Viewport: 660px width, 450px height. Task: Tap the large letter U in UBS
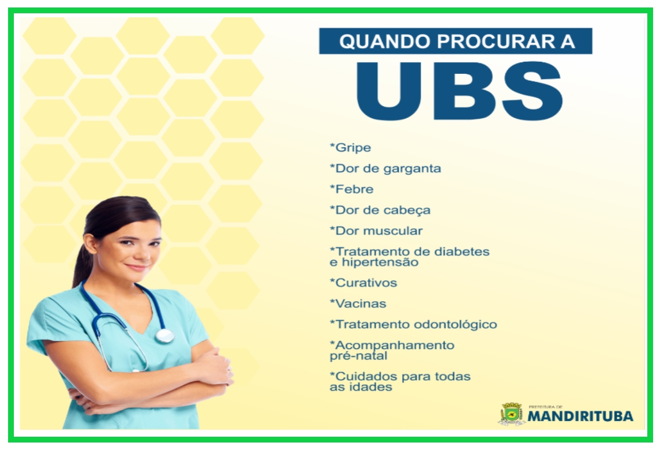pyautogui.click(x=388, y=91)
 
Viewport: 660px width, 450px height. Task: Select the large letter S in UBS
pyautogui.click(x=532, y=91)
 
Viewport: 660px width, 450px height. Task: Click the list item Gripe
pyautogui.click(x=350, y=148)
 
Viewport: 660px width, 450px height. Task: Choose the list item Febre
pyautogui.click(x=351, y=189)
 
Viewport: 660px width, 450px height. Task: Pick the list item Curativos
pyautogui.click(x=363, y=283)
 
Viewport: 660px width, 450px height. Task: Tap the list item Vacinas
pyautogui.click(x=358, y=303)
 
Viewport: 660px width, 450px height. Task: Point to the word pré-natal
pyautogui.click(x=358, y=356)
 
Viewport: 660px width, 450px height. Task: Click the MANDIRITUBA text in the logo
pyautogui.click(x=580, y=417)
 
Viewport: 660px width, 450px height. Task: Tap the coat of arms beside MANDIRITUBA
pyautogui.click(x=511, y=414)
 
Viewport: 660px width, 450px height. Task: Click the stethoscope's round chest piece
pyautogui.click(x=164, y=336)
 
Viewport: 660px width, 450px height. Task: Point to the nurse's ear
pyautogui.click(x=90, y=243)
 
